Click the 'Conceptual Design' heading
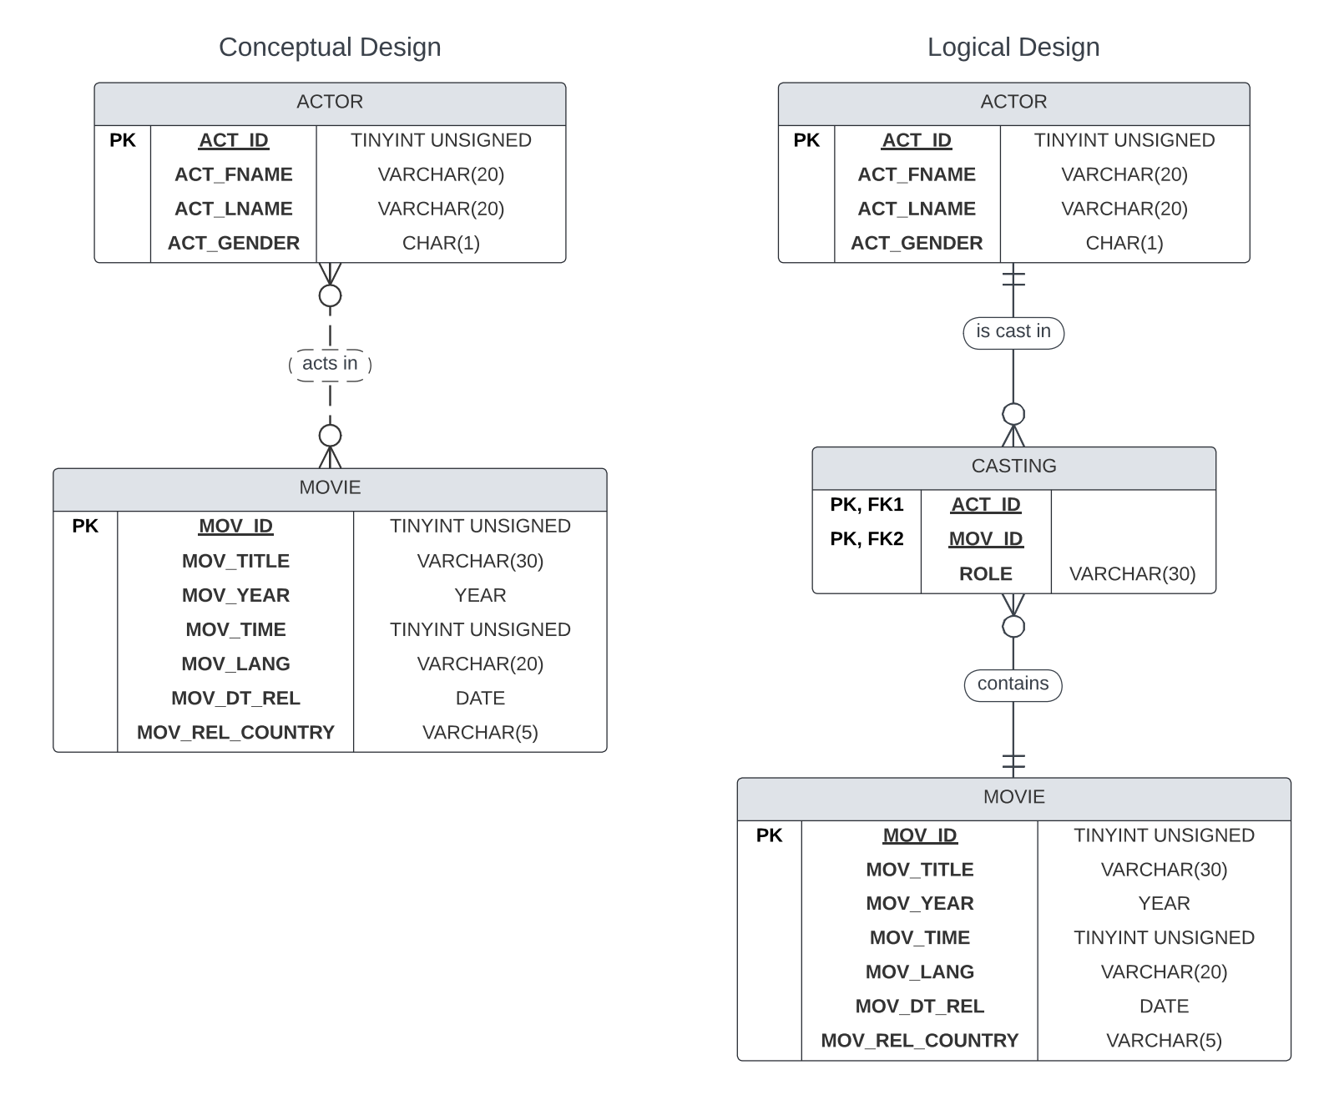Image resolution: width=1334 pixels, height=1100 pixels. (x=330, y=48)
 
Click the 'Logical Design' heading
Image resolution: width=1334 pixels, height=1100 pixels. (x=1013, y=48)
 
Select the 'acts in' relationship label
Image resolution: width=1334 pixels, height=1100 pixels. (x=330, y=364)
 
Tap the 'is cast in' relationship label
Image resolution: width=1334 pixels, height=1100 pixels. (x=1013, y=332)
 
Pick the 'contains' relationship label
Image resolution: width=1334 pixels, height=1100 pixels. (x=1013, y=684)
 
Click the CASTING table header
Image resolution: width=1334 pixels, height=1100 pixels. (x=1013, y=467)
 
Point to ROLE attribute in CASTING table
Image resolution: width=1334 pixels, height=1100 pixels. (x=985, y=574)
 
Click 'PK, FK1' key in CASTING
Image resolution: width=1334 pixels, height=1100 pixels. (x=867, y=505)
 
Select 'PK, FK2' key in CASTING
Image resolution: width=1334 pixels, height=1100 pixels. (x=867, y=539)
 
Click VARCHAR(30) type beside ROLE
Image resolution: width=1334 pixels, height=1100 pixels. (x=1132, y=574)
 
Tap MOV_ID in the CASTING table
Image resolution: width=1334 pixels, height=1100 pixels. (x=985, y=539)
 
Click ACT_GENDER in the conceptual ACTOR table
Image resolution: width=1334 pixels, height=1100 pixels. (x=234, y=243)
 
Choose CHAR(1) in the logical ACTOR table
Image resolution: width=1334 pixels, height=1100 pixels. (x=1124, y=243)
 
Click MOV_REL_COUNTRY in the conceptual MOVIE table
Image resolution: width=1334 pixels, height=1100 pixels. (x=235, y=733)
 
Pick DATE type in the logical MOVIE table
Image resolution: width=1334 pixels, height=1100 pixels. (x=1164, y=1007)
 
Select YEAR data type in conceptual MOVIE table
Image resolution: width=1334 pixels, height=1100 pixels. (x=480, y=596)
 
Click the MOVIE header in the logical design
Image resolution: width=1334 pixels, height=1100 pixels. (x=1013, y=797)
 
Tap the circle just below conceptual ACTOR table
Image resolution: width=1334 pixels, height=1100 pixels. (x=330, y=295)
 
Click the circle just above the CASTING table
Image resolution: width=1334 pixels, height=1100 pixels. (x=1013, y=414)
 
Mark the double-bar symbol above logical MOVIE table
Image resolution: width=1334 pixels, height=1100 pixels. (x=1013, y=761)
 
